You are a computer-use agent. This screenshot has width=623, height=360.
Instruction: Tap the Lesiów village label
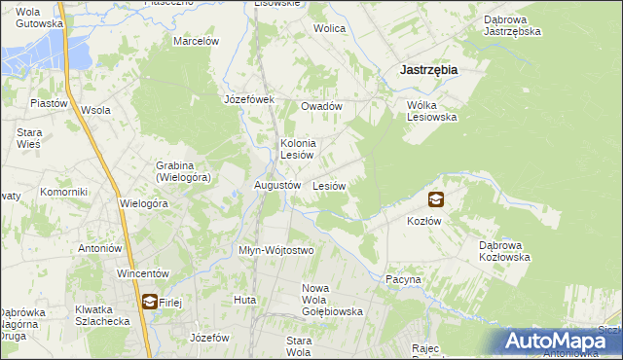(329, 185)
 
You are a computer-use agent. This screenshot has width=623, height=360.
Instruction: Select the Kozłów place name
(424, 221)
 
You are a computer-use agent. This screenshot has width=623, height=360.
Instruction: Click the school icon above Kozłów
(435, 200)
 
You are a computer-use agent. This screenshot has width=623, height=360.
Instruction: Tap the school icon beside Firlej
(149, 302)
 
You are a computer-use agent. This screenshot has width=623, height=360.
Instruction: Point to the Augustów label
(275, 185)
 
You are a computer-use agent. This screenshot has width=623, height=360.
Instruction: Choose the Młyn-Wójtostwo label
(276, 250)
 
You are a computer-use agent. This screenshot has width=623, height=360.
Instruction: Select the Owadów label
(321, 106)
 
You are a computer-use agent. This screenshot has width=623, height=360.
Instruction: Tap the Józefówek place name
(250, 99)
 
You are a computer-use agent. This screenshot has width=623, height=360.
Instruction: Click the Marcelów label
(196, 42)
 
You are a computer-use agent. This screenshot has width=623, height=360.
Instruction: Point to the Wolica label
(329, 28)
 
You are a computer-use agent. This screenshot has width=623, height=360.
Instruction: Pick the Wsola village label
(95, 110)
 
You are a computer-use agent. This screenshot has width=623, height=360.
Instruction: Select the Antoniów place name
(98, 248)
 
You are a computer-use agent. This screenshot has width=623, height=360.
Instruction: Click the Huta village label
(244, 300)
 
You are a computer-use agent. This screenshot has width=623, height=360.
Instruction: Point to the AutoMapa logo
(561, 341)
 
